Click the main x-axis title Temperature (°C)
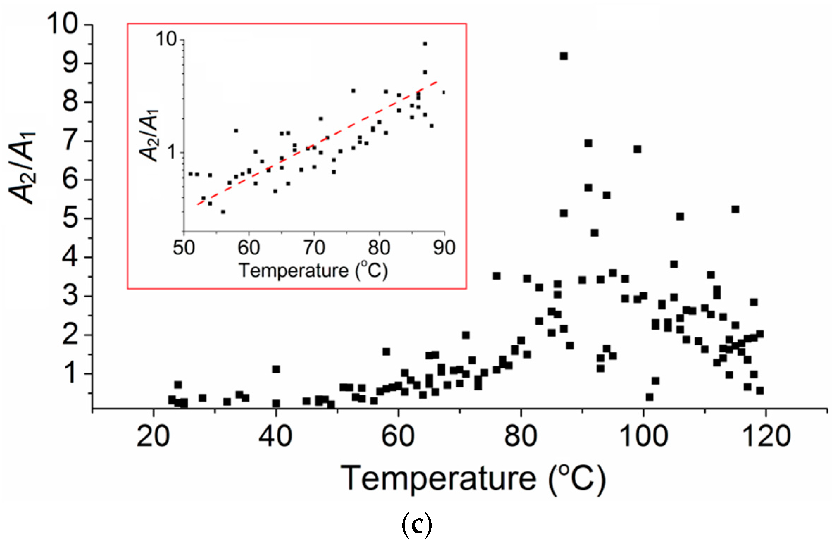click(x=473, y=478)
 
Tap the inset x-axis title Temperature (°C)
click(x=313, y=271)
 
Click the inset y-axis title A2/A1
click(x=149, y=136)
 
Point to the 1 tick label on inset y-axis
click(x=171, y=153)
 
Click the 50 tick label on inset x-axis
click(x=184, y=248)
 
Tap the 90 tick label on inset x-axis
click(x=444, y=248)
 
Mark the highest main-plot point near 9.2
click(x=564, y=56)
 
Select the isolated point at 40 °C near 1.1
click(x=276, y=369)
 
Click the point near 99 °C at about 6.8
click(x=637, y=149)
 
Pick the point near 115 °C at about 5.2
click(x=735, y=209)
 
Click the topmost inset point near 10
click(x=425, y=44)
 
